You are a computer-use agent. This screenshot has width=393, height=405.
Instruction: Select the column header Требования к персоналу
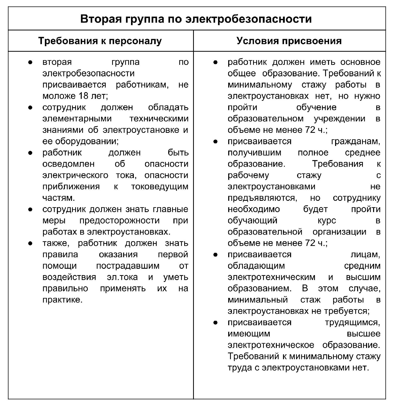[x=100, y=41]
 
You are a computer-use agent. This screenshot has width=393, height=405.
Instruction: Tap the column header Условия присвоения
[x=289, y=41]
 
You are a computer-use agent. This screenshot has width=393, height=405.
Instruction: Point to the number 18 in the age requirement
[x=83, y=96]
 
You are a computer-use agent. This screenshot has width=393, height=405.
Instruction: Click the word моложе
[x=59, y=96]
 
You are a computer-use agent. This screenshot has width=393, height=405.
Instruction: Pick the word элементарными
[x=77, y=119]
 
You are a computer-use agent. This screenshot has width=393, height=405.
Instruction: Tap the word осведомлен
[x=68, y=164]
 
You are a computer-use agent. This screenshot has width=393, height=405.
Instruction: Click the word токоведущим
[x=160, y=186]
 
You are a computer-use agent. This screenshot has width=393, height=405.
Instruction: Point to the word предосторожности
[x=119, y=220]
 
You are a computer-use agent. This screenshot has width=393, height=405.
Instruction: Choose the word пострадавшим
[x=128, y=266]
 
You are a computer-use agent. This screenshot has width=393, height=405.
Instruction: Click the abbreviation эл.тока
[x=122, y=277]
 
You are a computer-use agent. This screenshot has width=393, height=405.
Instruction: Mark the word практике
[x=62, y=300]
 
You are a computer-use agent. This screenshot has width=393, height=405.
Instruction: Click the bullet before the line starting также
[x=30, y=243]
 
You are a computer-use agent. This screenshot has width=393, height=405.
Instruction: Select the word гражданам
[x=356, y=141]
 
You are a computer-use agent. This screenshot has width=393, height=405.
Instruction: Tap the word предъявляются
[x=262, y=198]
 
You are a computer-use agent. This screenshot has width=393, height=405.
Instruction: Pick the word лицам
[x=365, y=254]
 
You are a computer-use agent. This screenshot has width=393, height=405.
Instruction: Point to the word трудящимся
[x=352, y=322]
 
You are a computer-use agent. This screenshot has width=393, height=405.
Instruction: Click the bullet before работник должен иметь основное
[x=215, y=62]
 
